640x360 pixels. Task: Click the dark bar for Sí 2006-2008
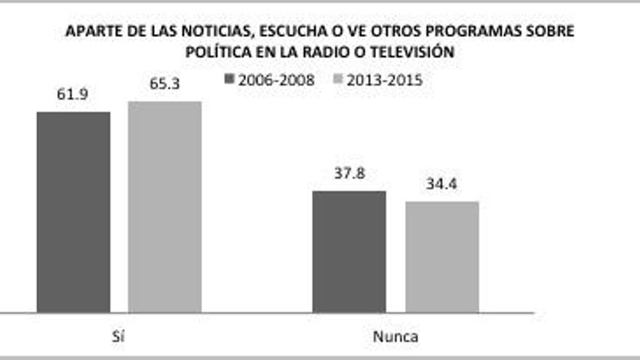click(x=73, y=212)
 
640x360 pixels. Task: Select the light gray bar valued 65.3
click(x=164, y=207)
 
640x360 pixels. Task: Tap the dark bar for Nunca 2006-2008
click(x=349, y=252)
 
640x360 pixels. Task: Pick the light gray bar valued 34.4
click(x=442, y=257)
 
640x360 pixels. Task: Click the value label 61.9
click(x=73, y=95)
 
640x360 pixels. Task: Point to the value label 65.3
click(x=165, y=84)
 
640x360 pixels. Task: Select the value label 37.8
click(x=349, y=174)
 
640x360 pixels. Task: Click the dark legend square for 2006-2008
click(x=230, y=80)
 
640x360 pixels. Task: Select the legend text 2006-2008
click(x=276, y=80)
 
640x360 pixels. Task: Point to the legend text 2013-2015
click(x=384, y=80)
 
